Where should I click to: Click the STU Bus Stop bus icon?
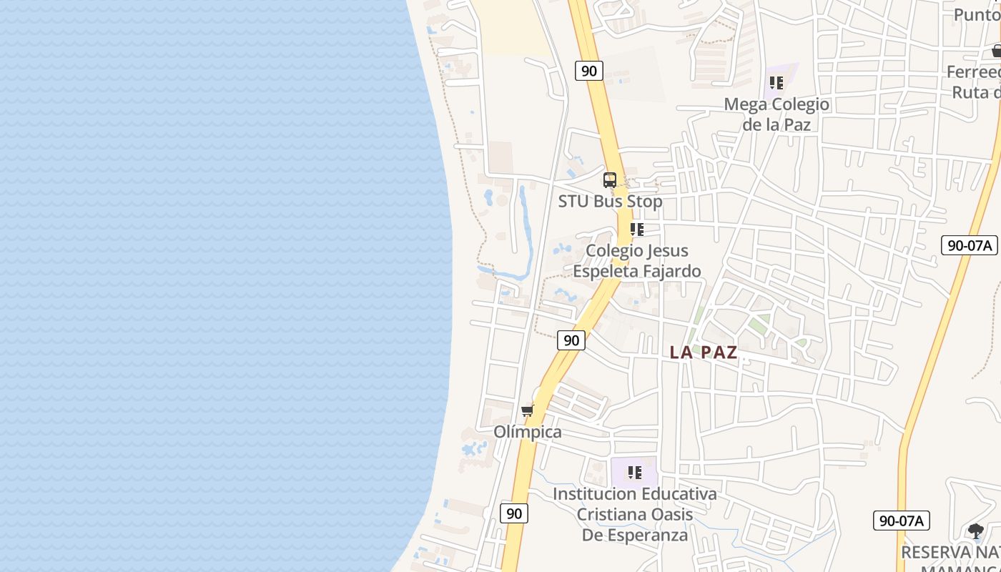[609, 180]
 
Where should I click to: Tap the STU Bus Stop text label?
[610, 202]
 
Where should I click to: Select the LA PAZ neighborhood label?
[704, 352]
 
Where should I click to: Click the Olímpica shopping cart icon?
[528, 410]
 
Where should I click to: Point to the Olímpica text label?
[528, 433]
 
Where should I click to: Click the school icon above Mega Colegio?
[776, 83]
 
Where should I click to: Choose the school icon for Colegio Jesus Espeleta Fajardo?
[636, 230]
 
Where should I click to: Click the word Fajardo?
[669, 272]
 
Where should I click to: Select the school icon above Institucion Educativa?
[634, 472]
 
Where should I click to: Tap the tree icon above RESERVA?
[975, 531]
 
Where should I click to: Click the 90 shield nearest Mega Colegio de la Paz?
[588, 71]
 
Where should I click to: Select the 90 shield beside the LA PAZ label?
[571, 340]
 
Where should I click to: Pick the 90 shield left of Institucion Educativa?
[513, 513]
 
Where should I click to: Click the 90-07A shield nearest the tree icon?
[901, 521]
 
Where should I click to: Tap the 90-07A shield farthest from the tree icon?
[969, 245]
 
